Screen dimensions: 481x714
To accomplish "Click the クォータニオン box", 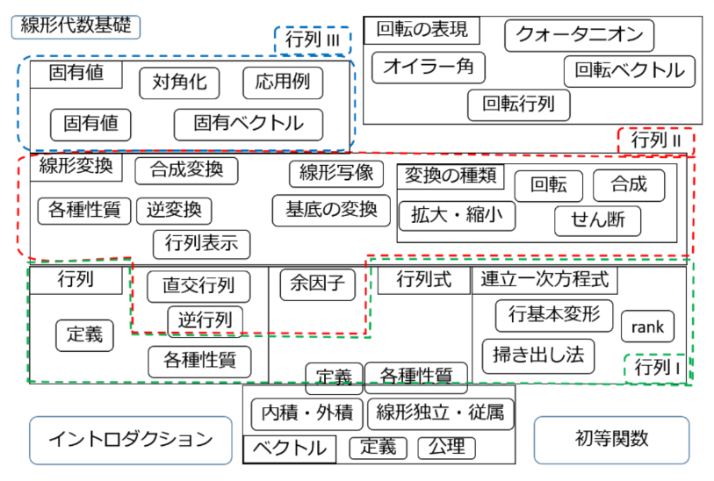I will (579, 35).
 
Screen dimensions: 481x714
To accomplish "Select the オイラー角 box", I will (428, 68).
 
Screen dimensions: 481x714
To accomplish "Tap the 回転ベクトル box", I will (629, 71).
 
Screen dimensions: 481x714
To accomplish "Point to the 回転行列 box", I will (518, 105).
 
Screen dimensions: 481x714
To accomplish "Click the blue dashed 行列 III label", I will (312, 40).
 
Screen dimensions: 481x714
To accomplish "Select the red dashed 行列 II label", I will (656, 140).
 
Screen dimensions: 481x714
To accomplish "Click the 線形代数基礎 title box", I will (75, 25).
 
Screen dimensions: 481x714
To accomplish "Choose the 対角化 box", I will (179, 83).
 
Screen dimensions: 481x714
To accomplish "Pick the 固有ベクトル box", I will (249, 124).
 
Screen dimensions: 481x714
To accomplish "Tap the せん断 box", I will (597, 220).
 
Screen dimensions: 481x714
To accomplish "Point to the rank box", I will (648, 327).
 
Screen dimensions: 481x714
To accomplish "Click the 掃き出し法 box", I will (537, 355).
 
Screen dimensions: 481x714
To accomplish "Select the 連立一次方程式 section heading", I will (545, 281).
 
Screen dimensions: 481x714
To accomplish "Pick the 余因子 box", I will (317, 284).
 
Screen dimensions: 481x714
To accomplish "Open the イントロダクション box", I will (130, 439).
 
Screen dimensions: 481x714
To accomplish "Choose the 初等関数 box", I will (607, 439).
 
